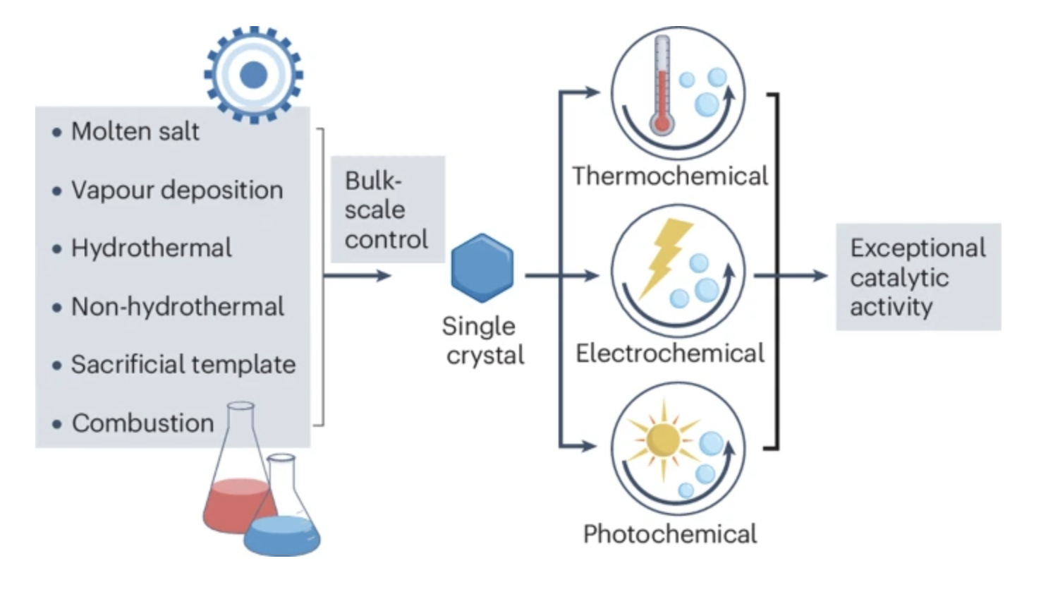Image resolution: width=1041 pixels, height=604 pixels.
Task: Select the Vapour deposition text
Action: pyautogui.click(x=176, y=190)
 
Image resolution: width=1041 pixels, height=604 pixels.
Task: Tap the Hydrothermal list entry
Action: pyautogui.click(x=151, y=248)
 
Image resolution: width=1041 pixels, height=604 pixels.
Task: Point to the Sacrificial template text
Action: pyautogui.click(x=183, y=364)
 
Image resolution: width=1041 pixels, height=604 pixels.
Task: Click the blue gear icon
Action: pyautogui.click(x=253, y=74)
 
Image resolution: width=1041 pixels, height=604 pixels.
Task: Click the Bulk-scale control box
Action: pyautogui.click(x=387, y=210)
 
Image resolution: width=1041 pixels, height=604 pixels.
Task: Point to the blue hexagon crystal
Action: pyautogui.click(x=482, y=268)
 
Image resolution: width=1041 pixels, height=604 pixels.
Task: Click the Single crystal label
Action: pyautogui.click(x=483, y=340)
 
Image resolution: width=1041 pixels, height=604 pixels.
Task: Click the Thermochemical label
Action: pyautogui.click(x=669, y=176)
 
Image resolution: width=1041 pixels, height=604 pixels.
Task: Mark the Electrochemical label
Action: pyautogui.click(x=669, y=353)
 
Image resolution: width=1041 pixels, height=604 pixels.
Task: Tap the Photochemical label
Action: pyautogui.click(x=669, y=533)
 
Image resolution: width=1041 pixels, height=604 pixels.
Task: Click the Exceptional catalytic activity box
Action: pyautogui.click(x=918, y=277)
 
